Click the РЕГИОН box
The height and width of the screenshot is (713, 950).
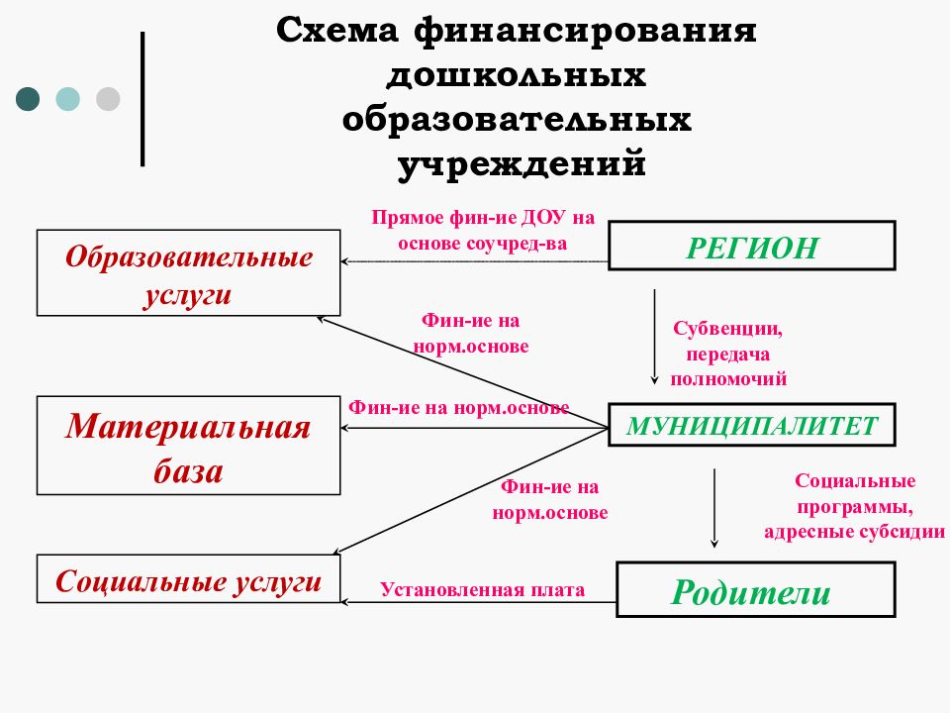pyautogui.click(x=752, y=246)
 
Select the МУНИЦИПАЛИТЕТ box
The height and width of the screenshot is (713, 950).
pyautogui.click(x=752, y=425)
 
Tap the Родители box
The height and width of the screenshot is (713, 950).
pyautogui.click(x=756, y=591)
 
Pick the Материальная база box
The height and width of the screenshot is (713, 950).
pyautogui.click(x=189, y=447)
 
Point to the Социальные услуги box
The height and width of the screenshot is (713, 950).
pyautogui.click(x=189, y=580)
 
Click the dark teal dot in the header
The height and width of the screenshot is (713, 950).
pyautogui.click(x=28, y=98)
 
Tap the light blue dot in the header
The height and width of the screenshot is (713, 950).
pyautogui.click(x=67, y=98)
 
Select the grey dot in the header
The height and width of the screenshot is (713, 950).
pyautogui.click(x=108, y=98)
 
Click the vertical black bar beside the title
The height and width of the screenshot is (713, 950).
pyautogui.click(x=142, y=99)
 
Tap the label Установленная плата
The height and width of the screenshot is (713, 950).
pyautogui.click(x=483, y=591)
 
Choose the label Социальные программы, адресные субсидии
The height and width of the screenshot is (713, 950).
pyautogui.click(x=855, y=506)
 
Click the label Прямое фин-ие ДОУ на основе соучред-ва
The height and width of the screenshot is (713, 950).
pyautogui.click(x=483, y=231)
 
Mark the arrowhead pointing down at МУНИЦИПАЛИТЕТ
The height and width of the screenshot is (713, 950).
pyautogui.click(x=654, y=378)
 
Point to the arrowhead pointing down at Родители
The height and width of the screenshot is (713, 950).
pyautogui.click(x=715, y=542)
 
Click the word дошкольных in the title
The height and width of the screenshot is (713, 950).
pyautogui.click(x=517, y=75)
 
